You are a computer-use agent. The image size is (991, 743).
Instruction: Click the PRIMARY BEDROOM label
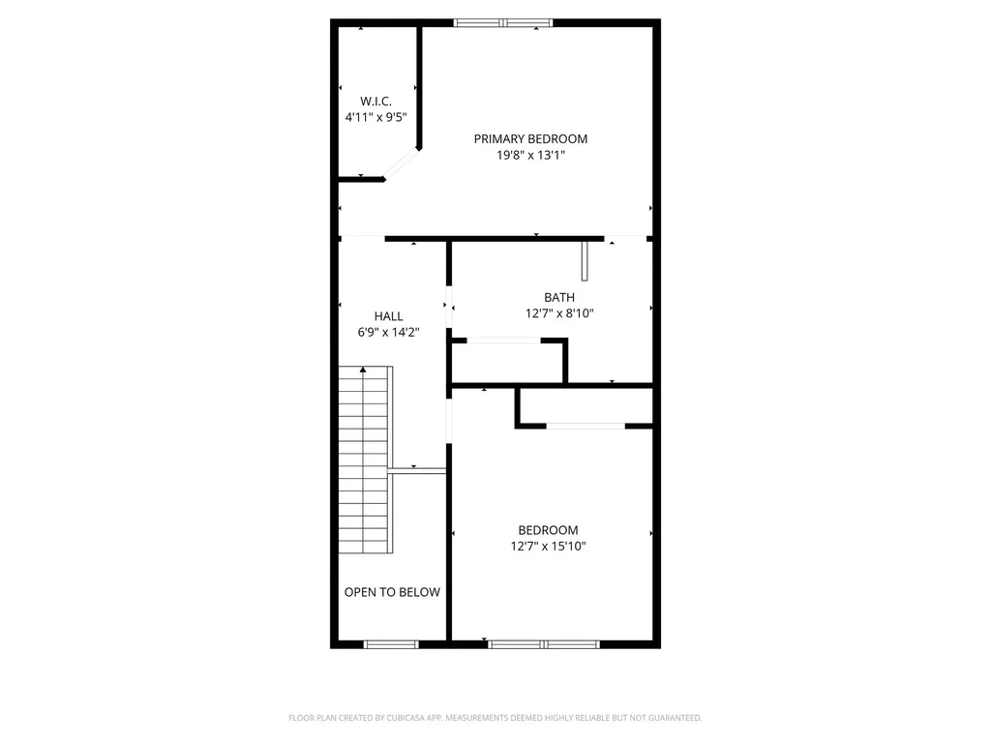pyautogui.click(x=530, y=138)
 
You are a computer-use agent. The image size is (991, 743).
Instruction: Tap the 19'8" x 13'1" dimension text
pyautogui.click(x=530, y=154)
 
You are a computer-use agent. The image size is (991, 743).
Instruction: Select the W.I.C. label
pyautogui.click(x=375, y=101)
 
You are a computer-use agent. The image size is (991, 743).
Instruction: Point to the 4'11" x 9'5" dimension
pyautogui.click(x=375, y=117)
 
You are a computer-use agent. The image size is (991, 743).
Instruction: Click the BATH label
pyautogui.click(x=558, y=298)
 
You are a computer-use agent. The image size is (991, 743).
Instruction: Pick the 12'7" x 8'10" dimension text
pyautogui.click(x=558, y=313)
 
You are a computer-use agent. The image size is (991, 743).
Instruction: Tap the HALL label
pyautogui.click(x=388, y=316)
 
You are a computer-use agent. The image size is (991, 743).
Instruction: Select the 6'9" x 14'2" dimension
pyautogui.click(x=388, y=332)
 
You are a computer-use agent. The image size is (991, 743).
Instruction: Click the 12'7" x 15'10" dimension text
pyautogui.click(x=548, y=546)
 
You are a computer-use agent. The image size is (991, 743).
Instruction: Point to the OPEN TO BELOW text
pyautogui.click(x=392, y=592)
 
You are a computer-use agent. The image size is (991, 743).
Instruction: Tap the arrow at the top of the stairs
pyautogui.click(x=363, y=370)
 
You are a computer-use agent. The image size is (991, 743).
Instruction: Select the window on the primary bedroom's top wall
pyautogui.click(x=502, y=22)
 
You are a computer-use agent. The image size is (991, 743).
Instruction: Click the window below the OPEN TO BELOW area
pyautogui.click(x=391, y=643)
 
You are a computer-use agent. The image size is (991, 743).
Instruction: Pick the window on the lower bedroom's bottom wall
pyautogui.click(x=544, y=643)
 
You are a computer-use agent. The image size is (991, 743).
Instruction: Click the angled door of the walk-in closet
pyautogui.click(x=401, y=164)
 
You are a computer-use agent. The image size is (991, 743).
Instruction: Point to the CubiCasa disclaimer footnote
pyautogui.click(x=495, y=718)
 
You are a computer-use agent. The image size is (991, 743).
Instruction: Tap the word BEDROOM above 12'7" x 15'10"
pyautogui.click(x=548, y=530)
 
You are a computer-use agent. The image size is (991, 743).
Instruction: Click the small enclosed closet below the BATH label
pyautogui.click(x=508, y=363)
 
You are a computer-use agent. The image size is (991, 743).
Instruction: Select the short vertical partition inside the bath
pyautogui.click(x=585, y=261)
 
